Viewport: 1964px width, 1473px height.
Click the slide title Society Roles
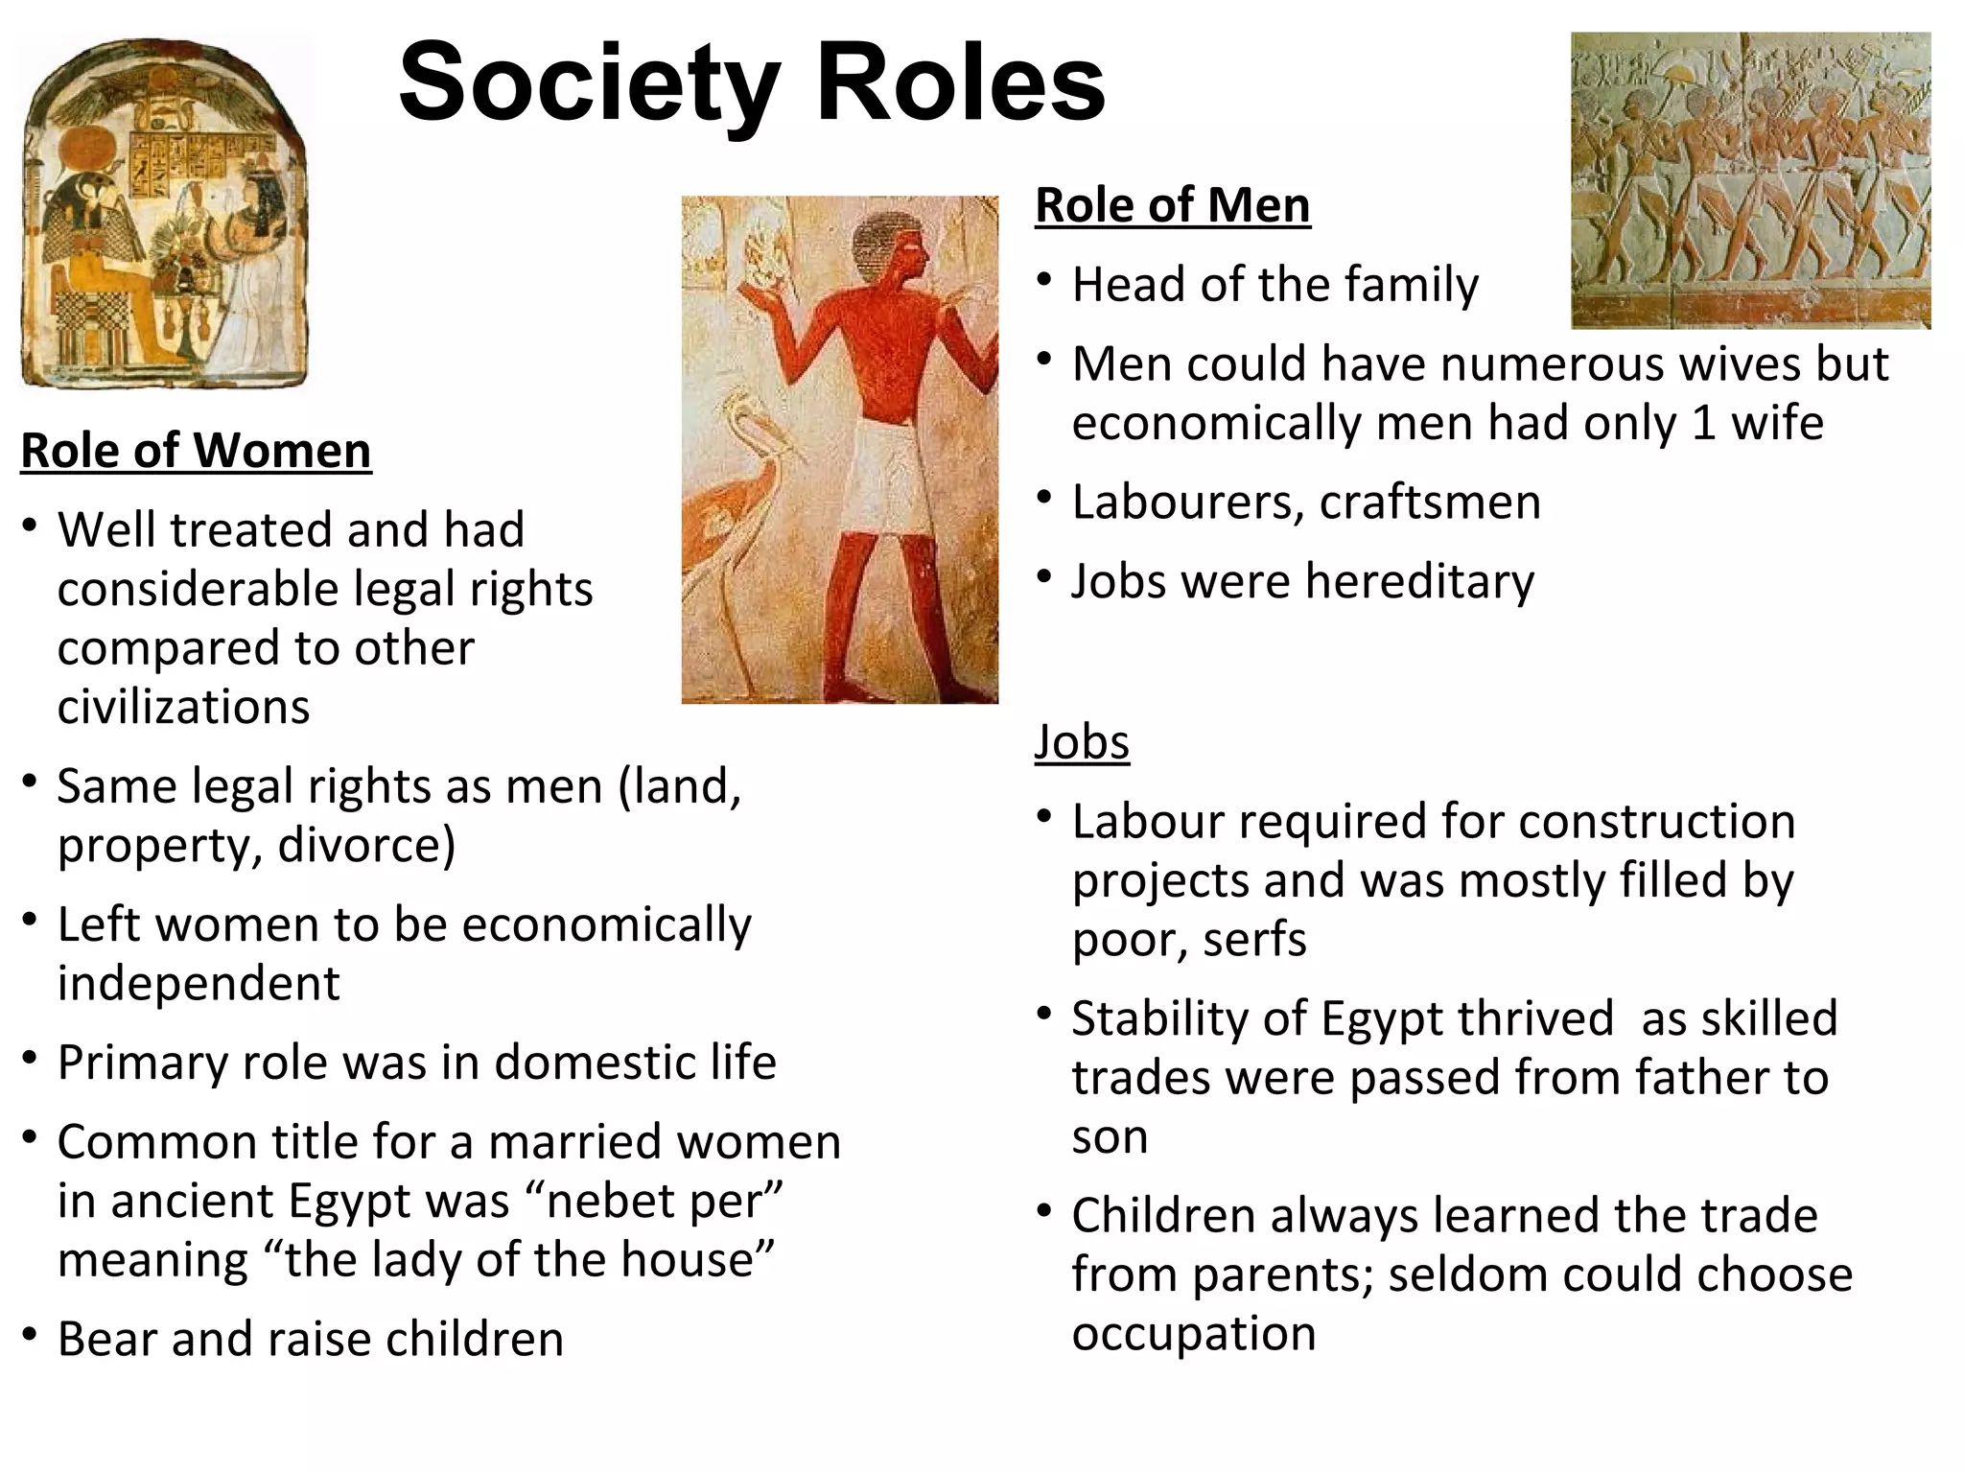752,84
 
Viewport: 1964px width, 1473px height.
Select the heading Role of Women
196,451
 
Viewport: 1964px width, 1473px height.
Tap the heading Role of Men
1172,205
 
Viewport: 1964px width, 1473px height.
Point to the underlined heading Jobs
1082,742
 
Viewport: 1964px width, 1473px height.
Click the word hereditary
1418,582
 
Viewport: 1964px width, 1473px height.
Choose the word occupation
1193,1334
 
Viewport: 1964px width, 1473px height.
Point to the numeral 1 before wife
1703,424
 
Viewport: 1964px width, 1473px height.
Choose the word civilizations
183,708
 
